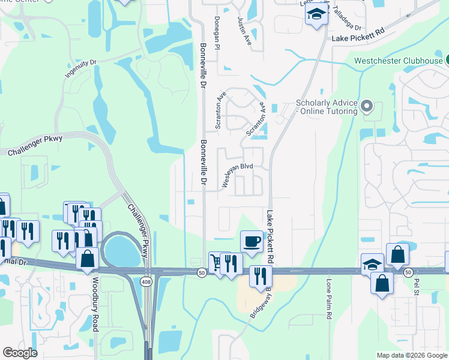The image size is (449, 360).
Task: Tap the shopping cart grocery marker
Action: [x=216, y=261]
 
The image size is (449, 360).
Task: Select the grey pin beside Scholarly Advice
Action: [x=369, y=107]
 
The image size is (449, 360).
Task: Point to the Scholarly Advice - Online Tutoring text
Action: [x=327, y=107]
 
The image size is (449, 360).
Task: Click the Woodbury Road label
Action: [x=95, y=304]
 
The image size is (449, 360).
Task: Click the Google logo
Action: [x=20, y=353]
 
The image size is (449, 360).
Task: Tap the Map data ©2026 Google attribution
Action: [x=411, y=355]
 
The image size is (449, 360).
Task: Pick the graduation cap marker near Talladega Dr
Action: [x=316, y=14]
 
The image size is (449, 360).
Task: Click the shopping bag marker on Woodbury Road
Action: [x=88, y=259]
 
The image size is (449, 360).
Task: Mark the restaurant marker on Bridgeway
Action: [x=260, y=276]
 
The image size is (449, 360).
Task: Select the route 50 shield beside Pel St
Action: [x=408, y=272]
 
